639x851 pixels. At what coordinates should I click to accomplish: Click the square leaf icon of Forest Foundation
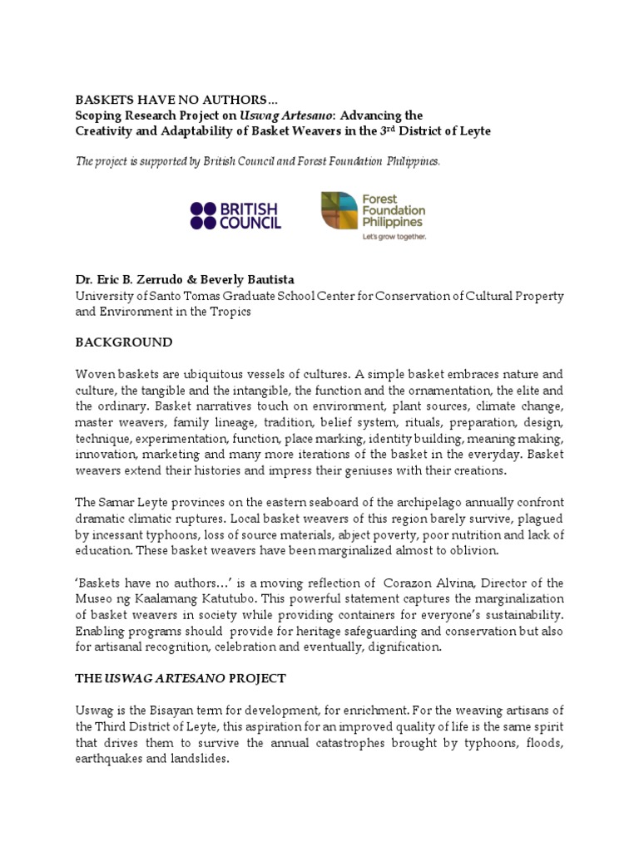pos(340,210)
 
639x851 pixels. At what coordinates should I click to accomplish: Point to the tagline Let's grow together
pos(394,236)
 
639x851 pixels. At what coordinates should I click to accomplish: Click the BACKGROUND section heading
pos(124,342)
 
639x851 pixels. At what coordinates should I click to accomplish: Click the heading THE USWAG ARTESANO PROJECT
pos(181,678)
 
